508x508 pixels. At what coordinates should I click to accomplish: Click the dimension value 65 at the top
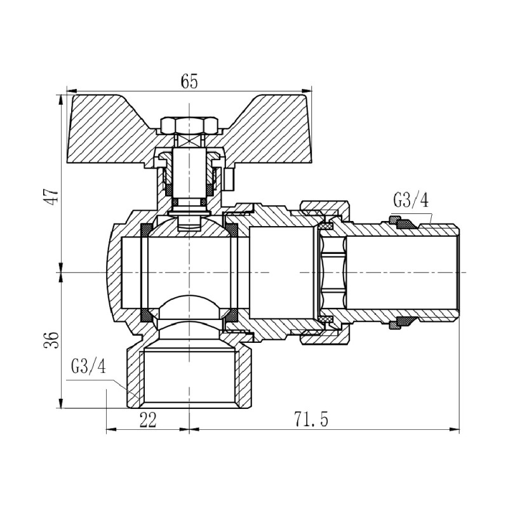189,81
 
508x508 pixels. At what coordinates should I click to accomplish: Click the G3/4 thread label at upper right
411,201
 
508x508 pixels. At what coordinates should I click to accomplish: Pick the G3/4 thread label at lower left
87,368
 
